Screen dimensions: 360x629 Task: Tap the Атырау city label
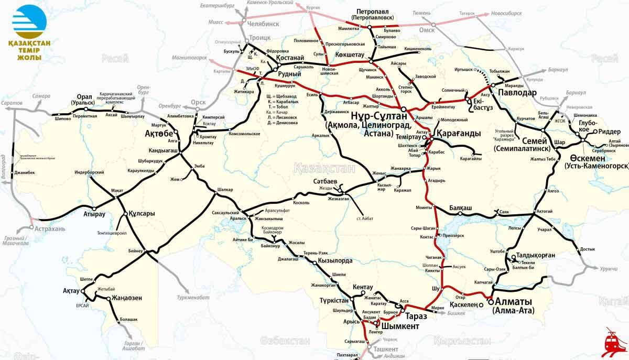click(94, 214)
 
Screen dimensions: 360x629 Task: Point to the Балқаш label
click(461, 208)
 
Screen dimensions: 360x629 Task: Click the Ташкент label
click(386, 349)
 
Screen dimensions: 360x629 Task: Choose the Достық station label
click(588, 249)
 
